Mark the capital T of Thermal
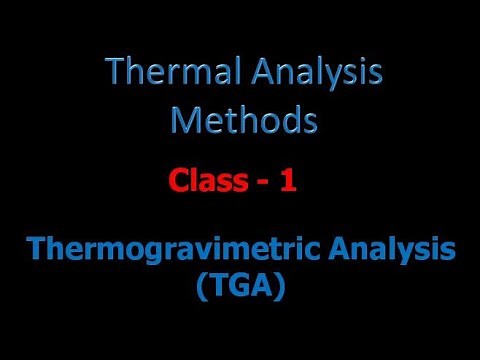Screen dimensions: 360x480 pos(114,74)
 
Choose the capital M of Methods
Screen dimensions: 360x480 pos(184,120)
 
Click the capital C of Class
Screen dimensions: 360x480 pos(177,183)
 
